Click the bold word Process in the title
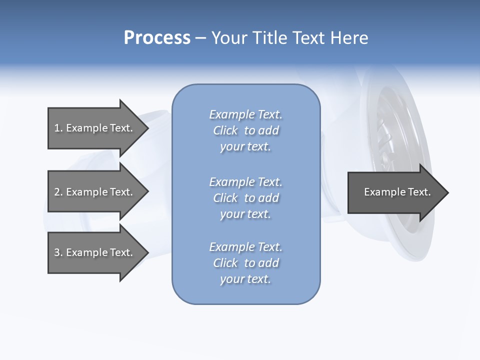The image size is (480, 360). pyautogui.click(x=157, y=38)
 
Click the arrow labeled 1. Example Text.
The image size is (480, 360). pyautogui.click(x=93, y=128)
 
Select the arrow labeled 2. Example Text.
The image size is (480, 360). pyautogui.click(x=93, y=192)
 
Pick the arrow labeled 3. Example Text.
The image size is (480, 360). pyautogui.click(x=93, y=252)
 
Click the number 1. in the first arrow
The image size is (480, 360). pyautogui.click(x=58, y=128)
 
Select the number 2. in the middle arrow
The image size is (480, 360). pyautogui.click(x=58, y=192)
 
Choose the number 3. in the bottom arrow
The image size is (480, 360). pyautogui.click(x=58, y=252)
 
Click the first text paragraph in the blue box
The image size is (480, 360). pyautogui.click(x=245, y=130)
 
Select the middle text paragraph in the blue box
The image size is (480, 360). pyautogui.click(x=245, y=198)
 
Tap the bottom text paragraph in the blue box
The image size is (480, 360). pyautogui.click(x=245, y=263)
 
